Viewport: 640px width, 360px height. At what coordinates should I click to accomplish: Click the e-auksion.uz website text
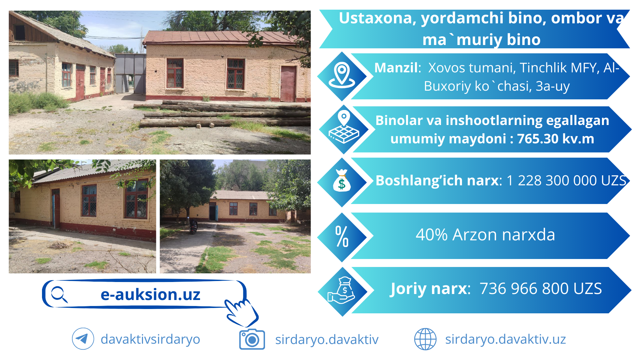pos(150,295)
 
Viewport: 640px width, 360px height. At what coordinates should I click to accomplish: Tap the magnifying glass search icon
pos(59,294)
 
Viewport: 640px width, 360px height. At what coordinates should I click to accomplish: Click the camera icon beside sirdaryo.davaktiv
pos(252,339)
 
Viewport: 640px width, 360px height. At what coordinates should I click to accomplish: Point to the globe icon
pos(425,339)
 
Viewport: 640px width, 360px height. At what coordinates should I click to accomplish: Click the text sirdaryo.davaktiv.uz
pos(505,339)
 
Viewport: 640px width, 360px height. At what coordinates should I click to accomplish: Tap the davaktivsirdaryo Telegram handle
pos(150,339)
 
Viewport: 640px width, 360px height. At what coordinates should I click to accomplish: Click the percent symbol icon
pos(342,236)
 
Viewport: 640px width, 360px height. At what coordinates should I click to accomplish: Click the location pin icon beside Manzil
pos(342,75)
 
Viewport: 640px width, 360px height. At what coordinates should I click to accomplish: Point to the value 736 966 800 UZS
pos(541,289)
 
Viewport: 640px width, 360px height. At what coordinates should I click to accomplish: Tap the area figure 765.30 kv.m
pos(555,139)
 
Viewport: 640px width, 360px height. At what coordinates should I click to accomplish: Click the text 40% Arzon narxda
pos(485,235)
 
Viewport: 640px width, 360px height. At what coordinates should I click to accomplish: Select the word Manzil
pos(396,68)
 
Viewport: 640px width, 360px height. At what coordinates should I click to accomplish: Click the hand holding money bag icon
pos(342,290)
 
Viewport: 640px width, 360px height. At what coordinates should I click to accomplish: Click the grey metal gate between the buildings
pos(130,73)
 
